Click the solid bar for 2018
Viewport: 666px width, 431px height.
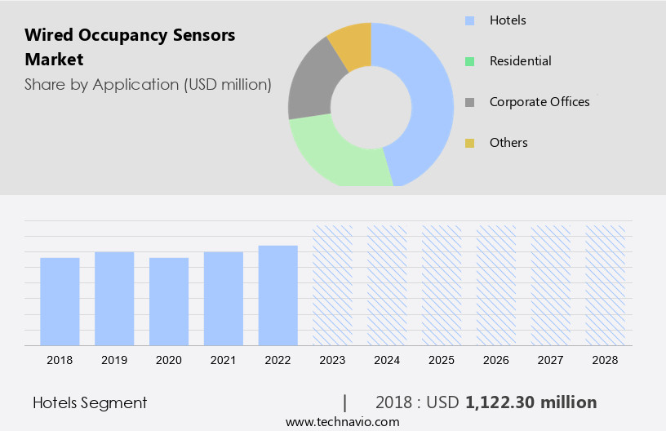(60, 300)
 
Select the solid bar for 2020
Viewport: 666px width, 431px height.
(169, 300)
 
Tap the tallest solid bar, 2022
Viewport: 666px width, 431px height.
(278, 295)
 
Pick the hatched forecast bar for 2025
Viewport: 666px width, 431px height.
(442, 284)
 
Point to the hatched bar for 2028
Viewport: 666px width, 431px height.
(606, 284)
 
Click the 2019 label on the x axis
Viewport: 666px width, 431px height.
(114, 360)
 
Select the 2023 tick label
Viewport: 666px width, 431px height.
(333, 360)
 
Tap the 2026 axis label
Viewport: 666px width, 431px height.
(496, 360)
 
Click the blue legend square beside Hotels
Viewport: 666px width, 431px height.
(469, 20)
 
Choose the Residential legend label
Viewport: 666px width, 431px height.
(520, 61)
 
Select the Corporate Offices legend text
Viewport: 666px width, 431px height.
(539, 102)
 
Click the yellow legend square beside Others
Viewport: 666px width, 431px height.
(469, 143)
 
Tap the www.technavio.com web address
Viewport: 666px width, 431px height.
(342, 421)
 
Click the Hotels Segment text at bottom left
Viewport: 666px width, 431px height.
(90, 402)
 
